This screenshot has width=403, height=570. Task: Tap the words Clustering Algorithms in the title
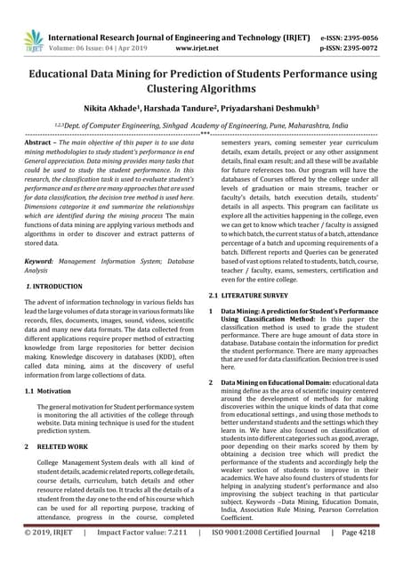[x=201, y=89]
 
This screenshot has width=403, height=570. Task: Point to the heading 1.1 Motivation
[x=48, y=391]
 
